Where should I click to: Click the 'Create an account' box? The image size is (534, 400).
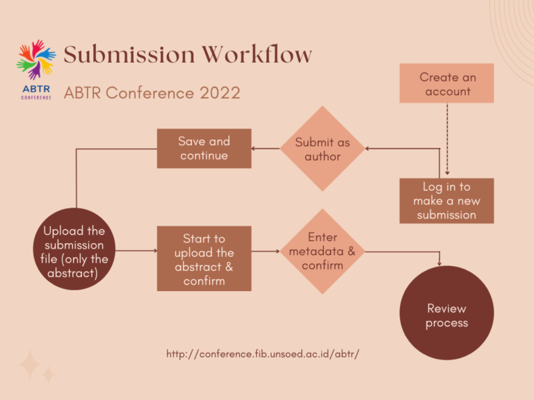446,83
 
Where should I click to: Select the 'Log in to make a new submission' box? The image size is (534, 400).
446,201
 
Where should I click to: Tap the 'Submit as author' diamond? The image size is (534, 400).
322,149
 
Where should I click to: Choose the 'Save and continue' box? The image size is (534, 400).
204,148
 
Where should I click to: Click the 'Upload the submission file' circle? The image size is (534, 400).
74,252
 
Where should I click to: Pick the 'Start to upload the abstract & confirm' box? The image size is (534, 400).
204,259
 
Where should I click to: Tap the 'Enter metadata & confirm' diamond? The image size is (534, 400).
322,251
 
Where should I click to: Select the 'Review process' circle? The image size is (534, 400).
446,313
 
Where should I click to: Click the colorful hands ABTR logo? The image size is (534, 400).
36,60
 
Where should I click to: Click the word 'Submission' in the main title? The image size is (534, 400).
129,54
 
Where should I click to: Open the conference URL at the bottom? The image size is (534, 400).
262,353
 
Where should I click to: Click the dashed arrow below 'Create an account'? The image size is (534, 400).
446,139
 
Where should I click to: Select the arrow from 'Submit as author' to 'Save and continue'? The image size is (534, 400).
265,149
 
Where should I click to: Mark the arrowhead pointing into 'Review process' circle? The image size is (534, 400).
439,262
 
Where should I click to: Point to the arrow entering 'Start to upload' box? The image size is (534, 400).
136,251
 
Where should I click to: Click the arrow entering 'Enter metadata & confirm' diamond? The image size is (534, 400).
266,251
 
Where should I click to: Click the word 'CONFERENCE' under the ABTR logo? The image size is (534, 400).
36,98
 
